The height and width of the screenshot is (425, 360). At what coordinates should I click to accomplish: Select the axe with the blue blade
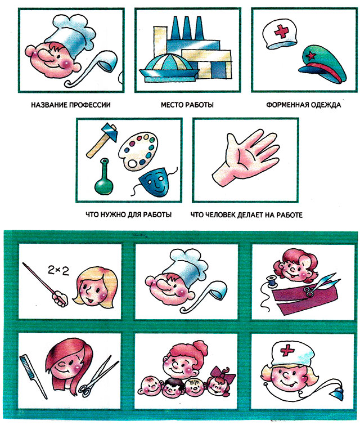(x=102, y=140)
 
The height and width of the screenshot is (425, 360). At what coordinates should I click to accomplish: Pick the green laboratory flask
(x=103, y=177)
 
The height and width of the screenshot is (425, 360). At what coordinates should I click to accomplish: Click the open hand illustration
(x=245, y=157)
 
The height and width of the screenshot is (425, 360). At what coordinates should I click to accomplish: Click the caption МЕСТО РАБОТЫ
(x=187, y=105)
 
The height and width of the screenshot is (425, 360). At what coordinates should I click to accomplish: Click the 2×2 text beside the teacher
(x=58, y=270)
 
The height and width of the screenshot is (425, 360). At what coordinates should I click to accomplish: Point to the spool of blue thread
(x=272, y=281)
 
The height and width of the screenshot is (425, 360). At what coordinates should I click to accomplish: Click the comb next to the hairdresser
(x=33, y=377)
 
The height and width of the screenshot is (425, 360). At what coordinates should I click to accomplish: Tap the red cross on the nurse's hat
(x=287, y=351)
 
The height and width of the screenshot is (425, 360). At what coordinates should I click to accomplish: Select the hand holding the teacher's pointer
(x=60, y=298)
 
